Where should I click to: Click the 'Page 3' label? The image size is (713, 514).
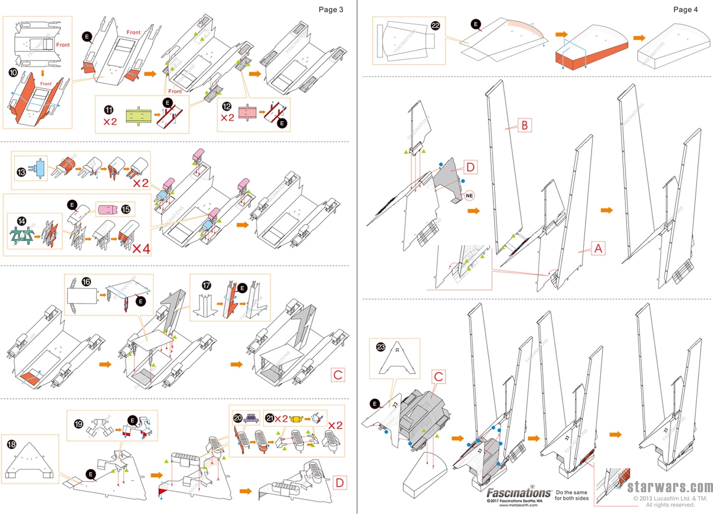pyautogui.click(x=330, y=9)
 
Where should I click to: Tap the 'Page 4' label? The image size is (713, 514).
pyautogui.click(x=685, y=9)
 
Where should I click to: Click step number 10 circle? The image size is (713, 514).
pyautogui.click(x=13, y=73)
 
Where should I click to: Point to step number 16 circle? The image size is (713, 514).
pyautogui.click(x=85, y=282)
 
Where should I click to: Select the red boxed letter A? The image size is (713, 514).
pyautogui.click(x=597, y=249)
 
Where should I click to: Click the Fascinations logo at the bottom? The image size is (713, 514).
pyautogui.click(x=519, y=493)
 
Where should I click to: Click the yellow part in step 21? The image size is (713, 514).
pyautogui.click(x=297, y=417)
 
